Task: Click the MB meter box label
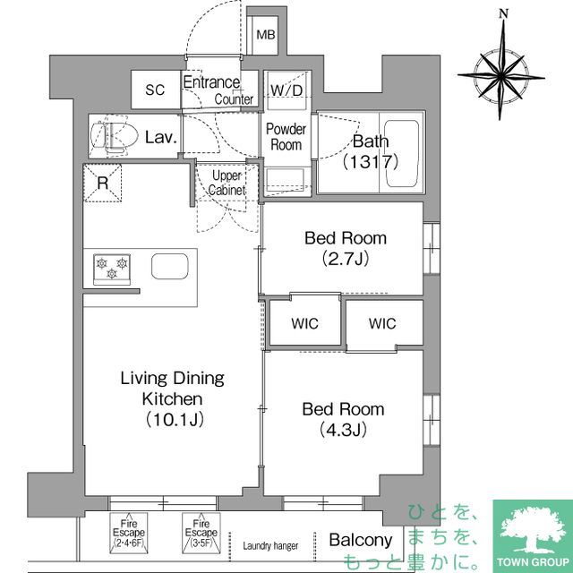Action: point(266,35)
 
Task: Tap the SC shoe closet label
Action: point(156,90)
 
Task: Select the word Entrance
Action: point(211,82)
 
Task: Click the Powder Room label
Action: point(286,137)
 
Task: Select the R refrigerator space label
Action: point(103,184)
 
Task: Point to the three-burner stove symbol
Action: point(111,267)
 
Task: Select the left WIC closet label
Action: point(305,324)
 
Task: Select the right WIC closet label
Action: point(382,324)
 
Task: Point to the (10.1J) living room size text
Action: point(172,419)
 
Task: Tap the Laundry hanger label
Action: point(270,546)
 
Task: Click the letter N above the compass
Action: point(504,13)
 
